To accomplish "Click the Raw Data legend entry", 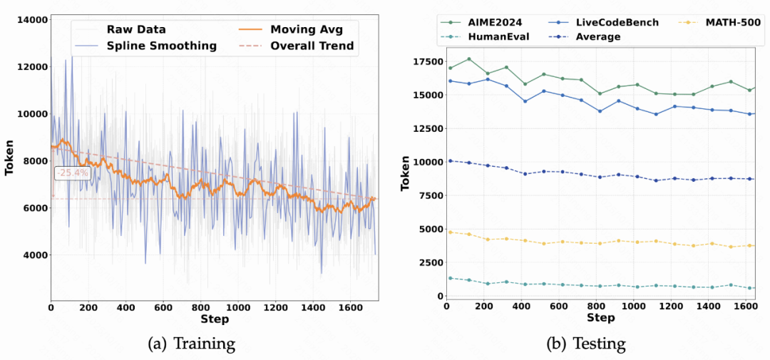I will (136, 29).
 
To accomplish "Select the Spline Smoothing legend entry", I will (161, 46).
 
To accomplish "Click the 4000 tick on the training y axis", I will (34, 254).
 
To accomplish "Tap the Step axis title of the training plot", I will (214, 319).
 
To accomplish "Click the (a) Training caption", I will (190, 344).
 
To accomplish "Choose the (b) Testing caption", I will (586, 344).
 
